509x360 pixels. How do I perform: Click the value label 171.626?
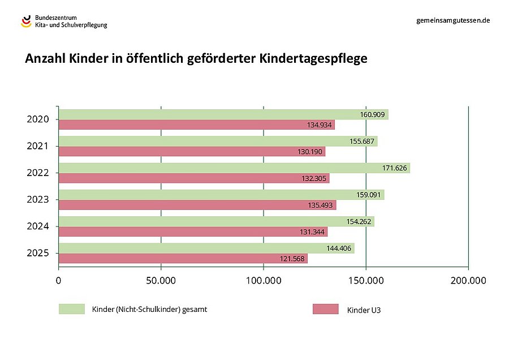click(395, 168)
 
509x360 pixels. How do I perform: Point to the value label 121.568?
click(292, 259)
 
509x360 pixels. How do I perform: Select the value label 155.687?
click(363, 142)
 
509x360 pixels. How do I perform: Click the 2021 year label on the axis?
click(38, 146)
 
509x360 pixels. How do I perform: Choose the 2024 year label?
click(38, 226)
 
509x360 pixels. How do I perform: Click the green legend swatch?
click(71, 309)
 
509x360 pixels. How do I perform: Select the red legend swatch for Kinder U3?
click(325, 309)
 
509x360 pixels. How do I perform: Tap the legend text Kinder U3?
click(360, 310)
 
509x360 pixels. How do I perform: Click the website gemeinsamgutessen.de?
click(452, 20)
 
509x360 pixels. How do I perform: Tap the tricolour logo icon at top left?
click(26, 22)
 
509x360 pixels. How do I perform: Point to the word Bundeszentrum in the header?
click(56, 18)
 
